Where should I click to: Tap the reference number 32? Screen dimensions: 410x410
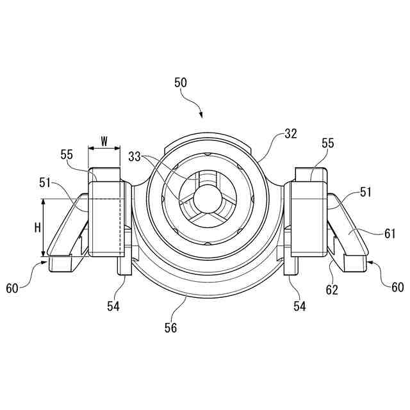coord(291,134)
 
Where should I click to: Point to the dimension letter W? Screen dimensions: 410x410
coord(104,139)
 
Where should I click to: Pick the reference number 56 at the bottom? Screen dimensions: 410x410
coord(170,328)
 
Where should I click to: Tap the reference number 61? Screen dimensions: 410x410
coord(389,234)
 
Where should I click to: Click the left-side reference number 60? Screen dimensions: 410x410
coord(13,288)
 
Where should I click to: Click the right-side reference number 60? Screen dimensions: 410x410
coord(397,288)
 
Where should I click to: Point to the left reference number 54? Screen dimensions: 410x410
coord(113,307)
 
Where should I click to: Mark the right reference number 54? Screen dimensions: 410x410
coord(299,307)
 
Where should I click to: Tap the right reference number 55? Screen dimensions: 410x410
coord(327,144)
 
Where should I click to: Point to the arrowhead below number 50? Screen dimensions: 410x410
coord(201,115)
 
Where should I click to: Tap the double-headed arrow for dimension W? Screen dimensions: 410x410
coord(104,149)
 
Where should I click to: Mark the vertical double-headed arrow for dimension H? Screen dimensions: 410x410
coord(43,227)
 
